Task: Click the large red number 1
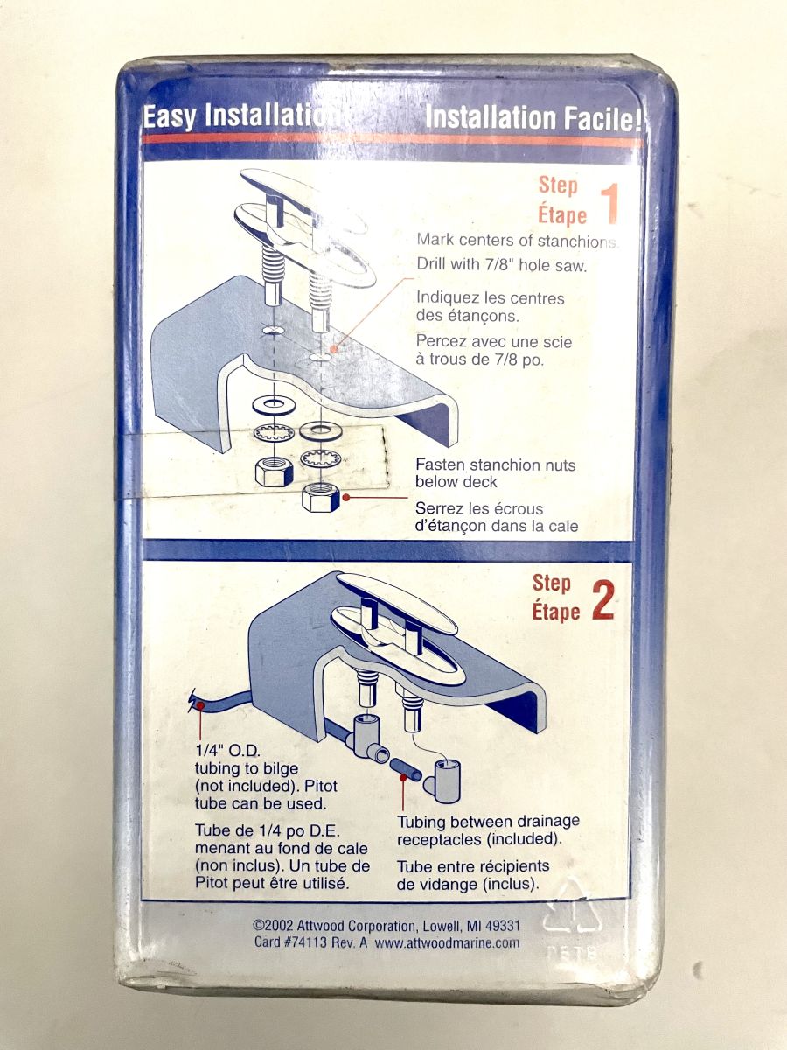pyautogui.click(x=609, y=204)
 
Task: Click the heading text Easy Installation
pyautogui.click(x=243, y=117)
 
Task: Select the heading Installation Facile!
pyautogui.click(x=533, y=117)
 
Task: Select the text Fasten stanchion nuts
pyautogui.click(x=495, y=465)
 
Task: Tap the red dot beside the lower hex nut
pyautogui.click(x=346, y=497)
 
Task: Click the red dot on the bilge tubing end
pyautogui.click(x=200, y=705)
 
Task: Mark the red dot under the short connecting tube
pyautogui.click(x=403, y=778)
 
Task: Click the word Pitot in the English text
pyautogui.click(x=321, y=786)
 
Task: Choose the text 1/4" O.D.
pyautogui.click(x=228, y=751)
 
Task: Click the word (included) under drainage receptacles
pyautogui.click(x=526, y=839)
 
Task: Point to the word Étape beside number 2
pyautogui.click(x=556, y=612)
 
